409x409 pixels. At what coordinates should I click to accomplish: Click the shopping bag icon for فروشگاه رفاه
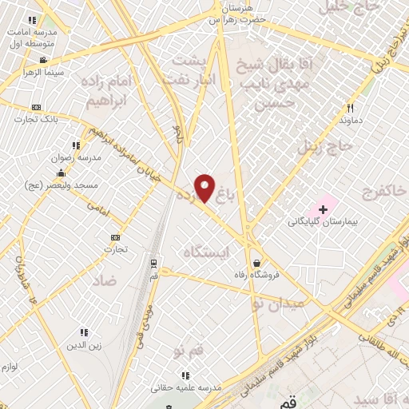click(x=256, y=262)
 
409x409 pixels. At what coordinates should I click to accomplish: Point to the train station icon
click(x=153, y=262)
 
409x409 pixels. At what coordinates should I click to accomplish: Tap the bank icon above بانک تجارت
click(x=35, y=107)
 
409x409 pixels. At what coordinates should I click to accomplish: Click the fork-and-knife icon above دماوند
click(x=350, y=108)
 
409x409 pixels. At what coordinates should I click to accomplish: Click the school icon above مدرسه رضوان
click(x=76, y=145)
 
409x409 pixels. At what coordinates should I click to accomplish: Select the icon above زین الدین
click(x=83, y=332)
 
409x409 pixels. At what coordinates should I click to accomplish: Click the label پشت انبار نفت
click(x=190, y=69)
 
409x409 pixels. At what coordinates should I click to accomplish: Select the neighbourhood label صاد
click(x=103, y=280)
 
